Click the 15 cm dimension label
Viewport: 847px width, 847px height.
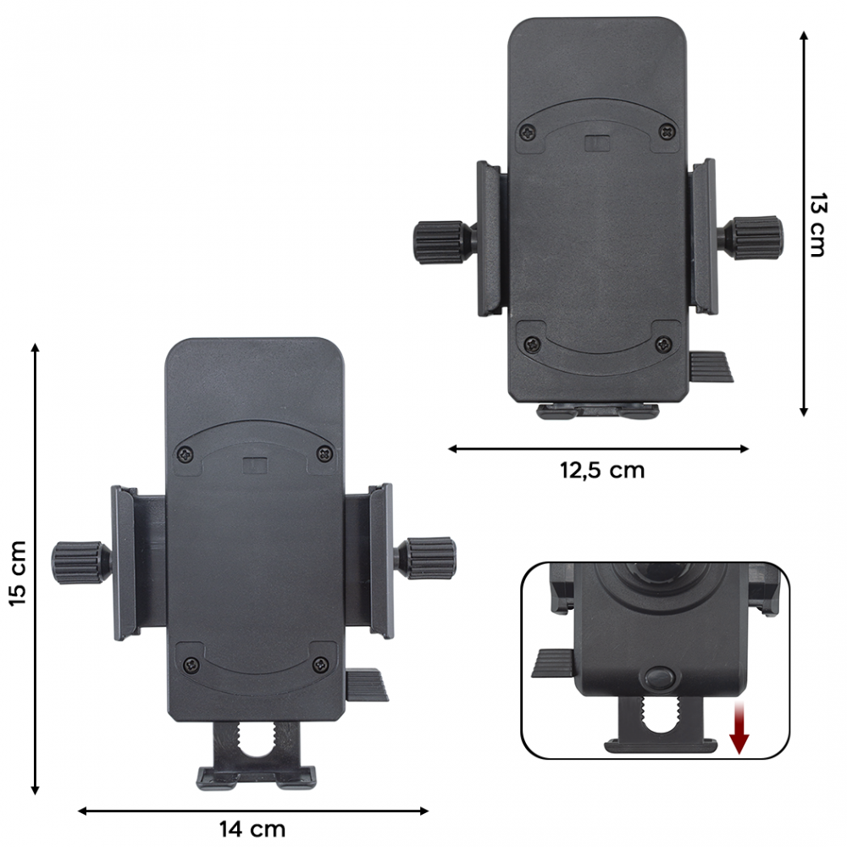point(19,573)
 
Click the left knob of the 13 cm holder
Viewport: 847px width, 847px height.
point(440,241)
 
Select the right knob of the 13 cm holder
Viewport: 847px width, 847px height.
point(756,237)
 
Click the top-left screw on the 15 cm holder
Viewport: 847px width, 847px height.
point(187,456)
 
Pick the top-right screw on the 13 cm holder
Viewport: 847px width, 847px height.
point(667,132)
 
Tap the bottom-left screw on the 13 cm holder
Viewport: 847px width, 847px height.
point(530,344)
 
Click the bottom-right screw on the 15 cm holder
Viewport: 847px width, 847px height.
point(319,665)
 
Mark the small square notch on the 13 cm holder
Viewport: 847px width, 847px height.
point(598,142)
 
